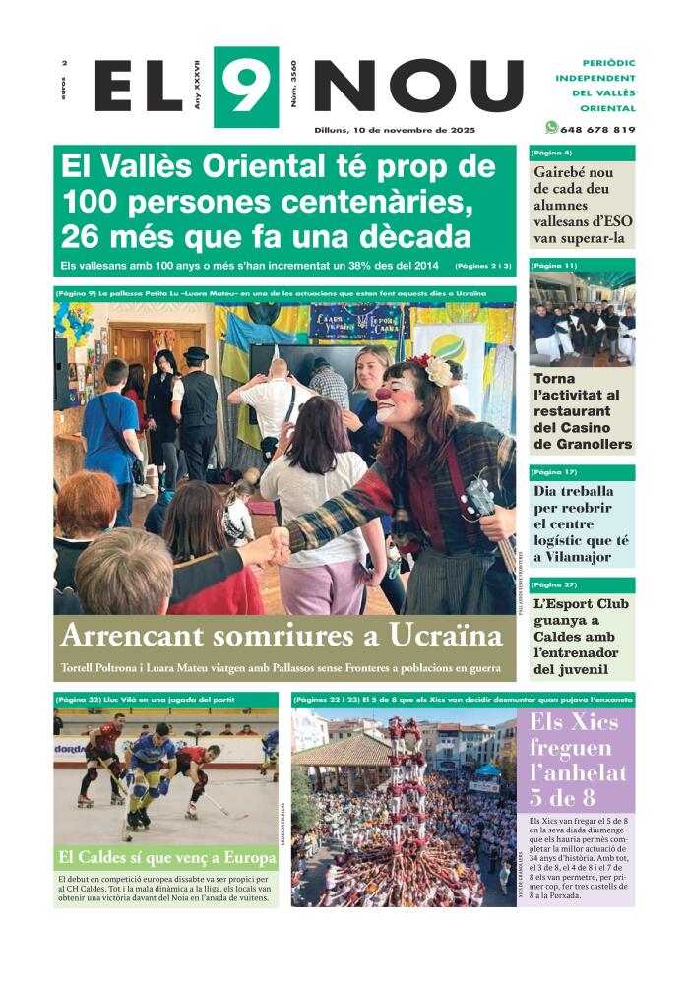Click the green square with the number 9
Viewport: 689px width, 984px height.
245,86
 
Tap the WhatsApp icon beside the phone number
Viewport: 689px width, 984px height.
551,127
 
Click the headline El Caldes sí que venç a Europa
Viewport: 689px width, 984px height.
165,857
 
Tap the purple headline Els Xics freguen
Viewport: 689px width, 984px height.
575,748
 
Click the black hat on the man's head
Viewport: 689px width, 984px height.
196,353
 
